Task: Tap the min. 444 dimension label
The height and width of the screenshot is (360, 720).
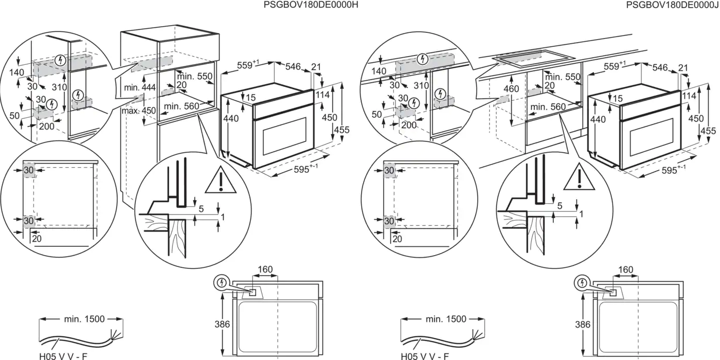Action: [x=139, y=87]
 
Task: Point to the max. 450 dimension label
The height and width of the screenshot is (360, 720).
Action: [x=138, y=111]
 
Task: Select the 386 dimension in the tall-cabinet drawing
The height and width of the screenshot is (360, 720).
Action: [x=222, y=324]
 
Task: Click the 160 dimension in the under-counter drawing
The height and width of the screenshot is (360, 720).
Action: [x=625, y=269]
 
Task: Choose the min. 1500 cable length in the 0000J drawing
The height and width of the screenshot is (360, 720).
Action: [x=445, y=319]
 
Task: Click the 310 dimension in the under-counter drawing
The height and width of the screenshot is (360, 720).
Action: [x=421, y=85]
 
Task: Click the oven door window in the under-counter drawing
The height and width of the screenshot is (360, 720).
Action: [x=652, y=138]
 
